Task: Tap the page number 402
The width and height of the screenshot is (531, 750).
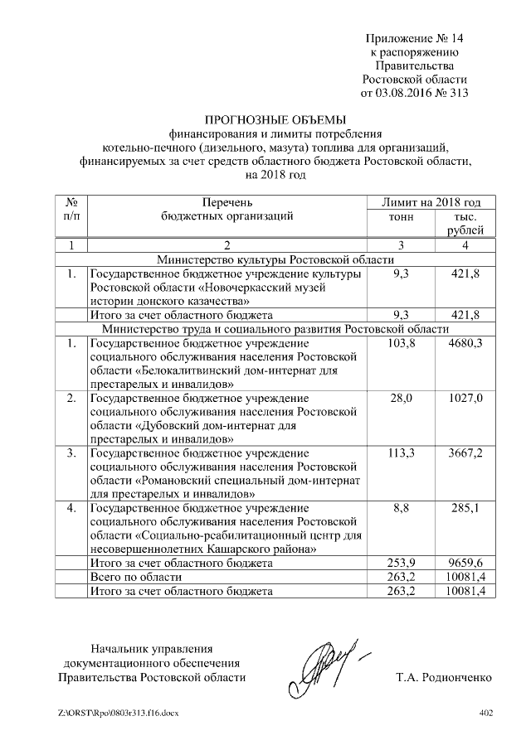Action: (486, 712)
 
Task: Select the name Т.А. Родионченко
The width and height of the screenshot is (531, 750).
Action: (445, 677)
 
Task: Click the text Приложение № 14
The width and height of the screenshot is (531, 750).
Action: (417, 40)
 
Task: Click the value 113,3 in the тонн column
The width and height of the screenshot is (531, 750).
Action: (401, 453)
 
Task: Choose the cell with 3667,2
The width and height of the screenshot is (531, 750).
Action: (465, 453)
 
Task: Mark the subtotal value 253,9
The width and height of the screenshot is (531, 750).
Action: (401, 564)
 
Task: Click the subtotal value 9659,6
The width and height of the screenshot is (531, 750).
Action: (465, 564)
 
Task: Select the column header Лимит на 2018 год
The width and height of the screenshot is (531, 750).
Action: (431, 202)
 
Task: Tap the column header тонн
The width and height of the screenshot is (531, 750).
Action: (401, 217)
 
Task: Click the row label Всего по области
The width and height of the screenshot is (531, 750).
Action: (134, 578)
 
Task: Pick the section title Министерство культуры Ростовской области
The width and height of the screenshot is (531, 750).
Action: (275, 259)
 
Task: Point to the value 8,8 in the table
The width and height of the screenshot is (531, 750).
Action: (401, 508)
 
